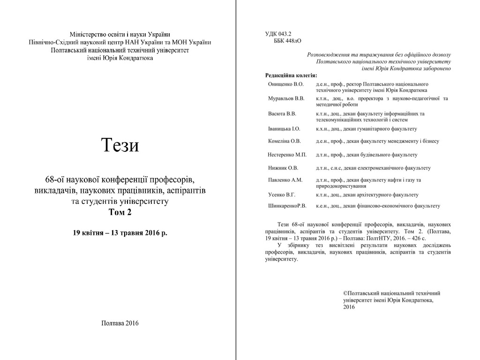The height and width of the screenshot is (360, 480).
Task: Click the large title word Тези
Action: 120,146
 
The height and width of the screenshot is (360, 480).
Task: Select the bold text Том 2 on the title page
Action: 120,212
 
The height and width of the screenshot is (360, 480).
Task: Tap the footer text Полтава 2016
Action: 120,323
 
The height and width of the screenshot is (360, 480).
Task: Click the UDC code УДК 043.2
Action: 278,34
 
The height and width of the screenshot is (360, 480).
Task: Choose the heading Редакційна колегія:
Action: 291,75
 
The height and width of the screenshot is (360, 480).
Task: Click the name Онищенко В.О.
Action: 285,84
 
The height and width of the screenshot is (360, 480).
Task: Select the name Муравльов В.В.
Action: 286,98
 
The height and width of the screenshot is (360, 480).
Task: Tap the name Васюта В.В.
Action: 282,113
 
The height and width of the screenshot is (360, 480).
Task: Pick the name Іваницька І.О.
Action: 284,128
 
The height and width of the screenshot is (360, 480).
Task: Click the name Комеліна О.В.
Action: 284,141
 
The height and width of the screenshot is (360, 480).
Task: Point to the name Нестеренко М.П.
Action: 287,155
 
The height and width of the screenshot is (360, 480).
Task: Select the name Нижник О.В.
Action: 283,168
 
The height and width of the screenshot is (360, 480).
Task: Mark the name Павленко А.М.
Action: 285,180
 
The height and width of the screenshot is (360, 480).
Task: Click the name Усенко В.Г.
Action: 281,195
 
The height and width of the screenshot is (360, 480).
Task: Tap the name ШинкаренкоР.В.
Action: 287,205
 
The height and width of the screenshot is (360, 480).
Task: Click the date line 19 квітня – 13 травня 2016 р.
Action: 120,232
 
